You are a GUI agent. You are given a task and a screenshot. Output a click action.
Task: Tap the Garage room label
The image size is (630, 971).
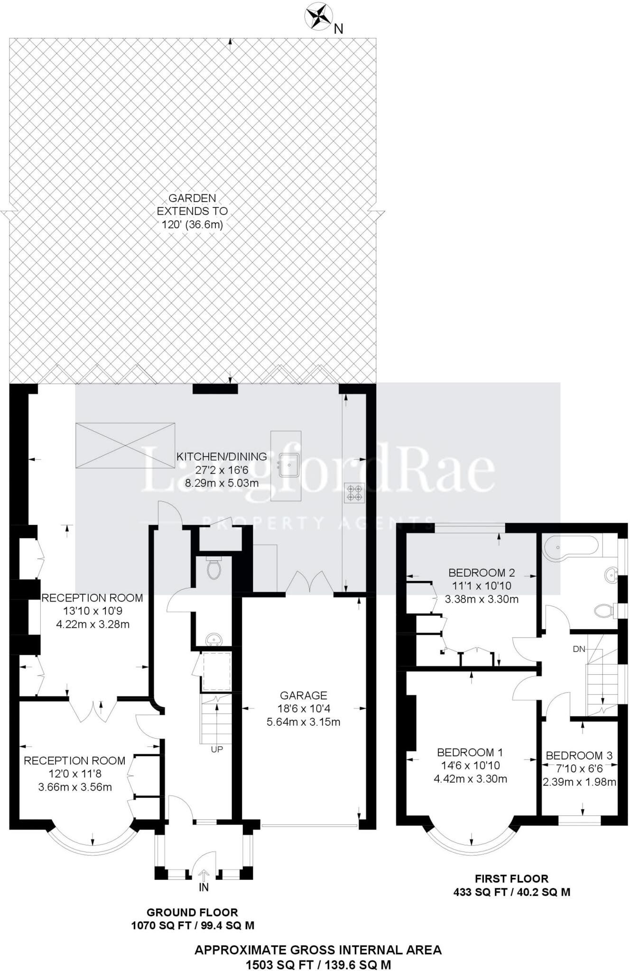point(304,696)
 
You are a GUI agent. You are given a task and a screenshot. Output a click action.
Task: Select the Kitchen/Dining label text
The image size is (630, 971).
point(222,457)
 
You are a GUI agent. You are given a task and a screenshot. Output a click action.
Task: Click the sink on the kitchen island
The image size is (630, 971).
point(288,465)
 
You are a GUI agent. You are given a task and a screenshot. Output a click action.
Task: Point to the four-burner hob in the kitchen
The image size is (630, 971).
point(354,492)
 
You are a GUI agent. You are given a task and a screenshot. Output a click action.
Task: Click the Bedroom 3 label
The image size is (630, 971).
point(579,755)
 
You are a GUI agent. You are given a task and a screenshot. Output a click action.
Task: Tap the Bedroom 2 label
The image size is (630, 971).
point(482,572)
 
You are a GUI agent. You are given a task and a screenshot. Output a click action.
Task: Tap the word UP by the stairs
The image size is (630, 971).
point(217,750)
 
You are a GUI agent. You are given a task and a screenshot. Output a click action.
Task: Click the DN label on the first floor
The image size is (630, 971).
point(579,649)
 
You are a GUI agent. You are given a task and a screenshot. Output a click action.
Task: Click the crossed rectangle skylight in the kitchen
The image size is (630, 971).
point(125,445)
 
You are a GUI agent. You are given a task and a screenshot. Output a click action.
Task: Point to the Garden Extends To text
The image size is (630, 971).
point(192,211)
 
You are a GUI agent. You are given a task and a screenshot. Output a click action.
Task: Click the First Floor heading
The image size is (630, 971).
point(511,879)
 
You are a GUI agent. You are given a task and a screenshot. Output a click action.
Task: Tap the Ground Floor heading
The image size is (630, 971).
point(192,912)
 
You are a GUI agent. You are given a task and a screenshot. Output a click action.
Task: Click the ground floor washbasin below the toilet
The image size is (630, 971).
point(214,641)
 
